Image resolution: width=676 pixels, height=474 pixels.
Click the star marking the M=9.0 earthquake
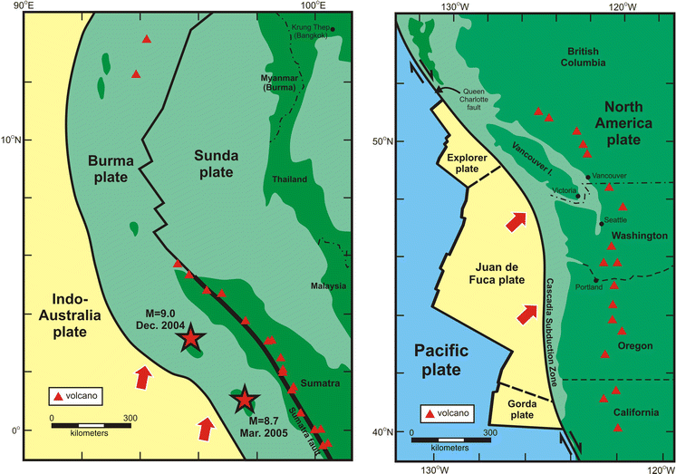coord(190,339)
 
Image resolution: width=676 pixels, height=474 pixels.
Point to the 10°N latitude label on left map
coord(11,140)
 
